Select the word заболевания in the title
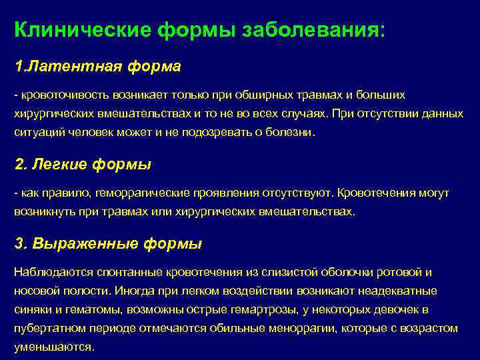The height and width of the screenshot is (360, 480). tap(307, 31)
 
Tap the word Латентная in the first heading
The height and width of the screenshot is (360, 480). tap(70, 67)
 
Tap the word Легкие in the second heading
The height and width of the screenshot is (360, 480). tap(63, 164)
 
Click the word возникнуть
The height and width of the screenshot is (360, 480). tap(43, 211)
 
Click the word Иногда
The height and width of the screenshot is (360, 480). tap(133, 291)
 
